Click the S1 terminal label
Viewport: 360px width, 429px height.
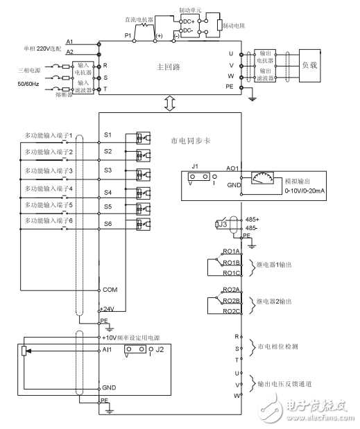click(108, 134)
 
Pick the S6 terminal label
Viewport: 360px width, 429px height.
click(108, 224)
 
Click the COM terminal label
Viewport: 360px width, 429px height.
click(110, 289)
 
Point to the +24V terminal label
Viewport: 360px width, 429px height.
click(108, 308)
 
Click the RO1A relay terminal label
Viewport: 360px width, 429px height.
click(231, 252)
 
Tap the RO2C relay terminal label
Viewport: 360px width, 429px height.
click(231, 311)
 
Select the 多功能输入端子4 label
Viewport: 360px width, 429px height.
click(49, 188)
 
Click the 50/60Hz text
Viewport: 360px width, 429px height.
click(28, 83)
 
